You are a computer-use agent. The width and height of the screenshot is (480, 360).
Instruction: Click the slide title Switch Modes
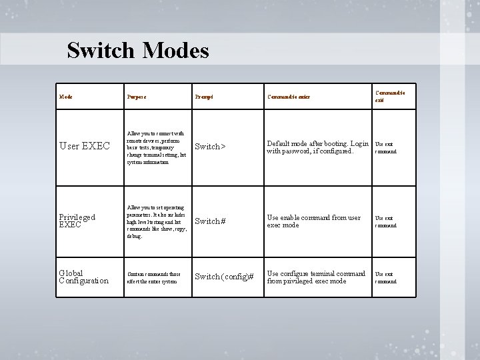[x=138, y=51]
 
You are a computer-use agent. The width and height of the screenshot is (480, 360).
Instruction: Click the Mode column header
[x=66, y=97]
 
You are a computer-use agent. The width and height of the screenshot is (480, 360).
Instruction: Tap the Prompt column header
[x=203, y=97]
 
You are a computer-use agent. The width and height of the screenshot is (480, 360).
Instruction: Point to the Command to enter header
[x=289, y=97]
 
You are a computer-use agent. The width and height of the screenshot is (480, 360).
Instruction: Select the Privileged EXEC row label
[x=77, y=221]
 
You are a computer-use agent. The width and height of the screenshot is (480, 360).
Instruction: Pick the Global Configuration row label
[x=84, y=277]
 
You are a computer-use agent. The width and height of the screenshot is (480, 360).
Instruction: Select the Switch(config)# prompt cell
[x=223, y=277]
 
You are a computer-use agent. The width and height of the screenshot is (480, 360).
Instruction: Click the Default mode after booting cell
[x=317, y=147]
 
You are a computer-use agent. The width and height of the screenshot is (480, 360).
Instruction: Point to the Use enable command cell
[x=313, y=221]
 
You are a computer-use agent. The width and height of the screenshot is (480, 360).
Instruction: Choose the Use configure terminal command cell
[x=316, y=277]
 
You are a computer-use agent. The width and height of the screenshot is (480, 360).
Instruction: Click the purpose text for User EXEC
[x=156, y=147]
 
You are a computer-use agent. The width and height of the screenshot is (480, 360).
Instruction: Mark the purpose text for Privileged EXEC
[x=156, y=221]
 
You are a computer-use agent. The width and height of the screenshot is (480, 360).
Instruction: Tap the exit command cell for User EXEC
[x=385, y=147]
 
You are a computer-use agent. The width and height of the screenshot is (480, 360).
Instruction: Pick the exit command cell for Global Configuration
[x=385, y=277]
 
